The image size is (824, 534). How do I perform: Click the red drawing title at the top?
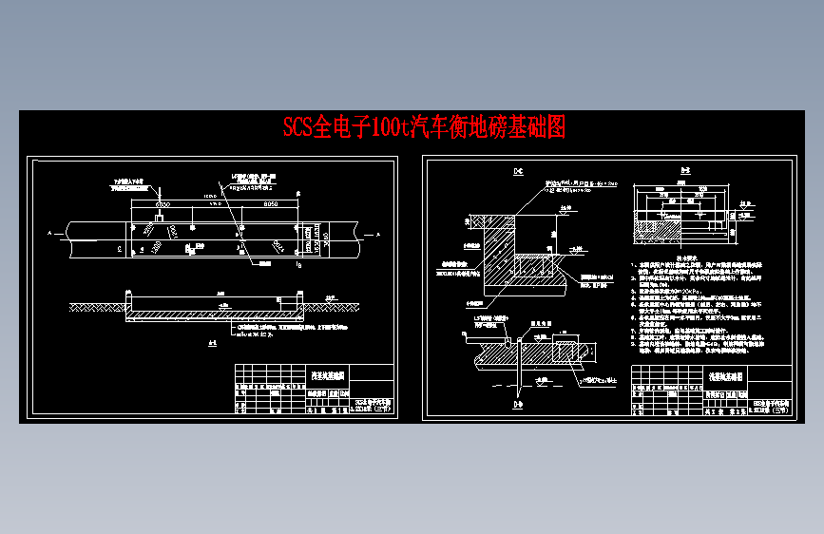(x=424, y=127)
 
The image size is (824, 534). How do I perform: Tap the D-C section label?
(x=518, y=172)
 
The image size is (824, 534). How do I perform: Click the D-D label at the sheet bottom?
(x=518, y=406)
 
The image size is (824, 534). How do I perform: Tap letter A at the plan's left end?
(x=46, y=232)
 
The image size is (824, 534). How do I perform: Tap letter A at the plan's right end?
(x=378, y=232)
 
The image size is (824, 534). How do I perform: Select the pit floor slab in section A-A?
(x=217, y=313)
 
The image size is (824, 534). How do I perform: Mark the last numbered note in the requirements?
(x=681, y=349)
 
